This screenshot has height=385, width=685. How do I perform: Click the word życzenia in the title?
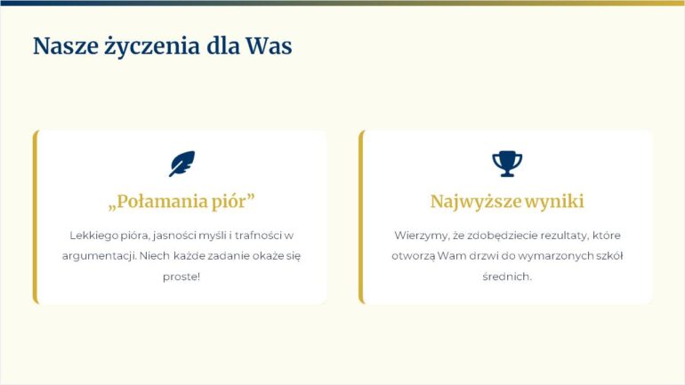(x=151, y=46)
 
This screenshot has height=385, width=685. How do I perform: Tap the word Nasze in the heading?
(x=66, y=46)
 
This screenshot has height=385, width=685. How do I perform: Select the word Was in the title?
(x=269, y=46)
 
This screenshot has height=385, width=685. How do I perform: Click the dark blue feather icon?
(x=181, y=164)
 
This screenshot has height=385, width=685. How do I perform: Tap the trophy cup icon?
(x=507, y=164)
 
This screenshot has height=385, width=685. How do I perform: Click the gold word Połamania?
(x=157, y=202)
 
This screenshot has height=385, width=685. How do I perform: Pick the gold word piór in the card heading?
(x=233, y=202)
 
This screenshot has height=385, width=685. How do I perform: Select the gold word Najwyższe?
(x=476, y=202)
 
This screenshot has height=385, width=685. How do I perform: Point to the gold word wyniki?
(x=554, y=202)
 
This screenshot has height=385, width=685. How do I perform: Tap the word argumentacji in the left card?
(x=99, y=256)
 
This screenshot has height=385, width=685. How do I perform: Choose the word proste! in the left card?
(x=181, y=277)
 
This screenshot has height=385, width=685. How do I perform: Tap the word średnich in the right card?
(x=507, y=277)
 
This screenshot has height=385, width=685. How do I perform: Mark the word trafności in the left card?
(x=258, y=236)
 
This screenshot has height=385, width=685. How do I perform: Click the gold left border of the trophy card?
(x=361, y=217)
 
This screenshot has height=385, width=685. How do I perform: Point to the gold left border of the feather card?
(x=36, y=217)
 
